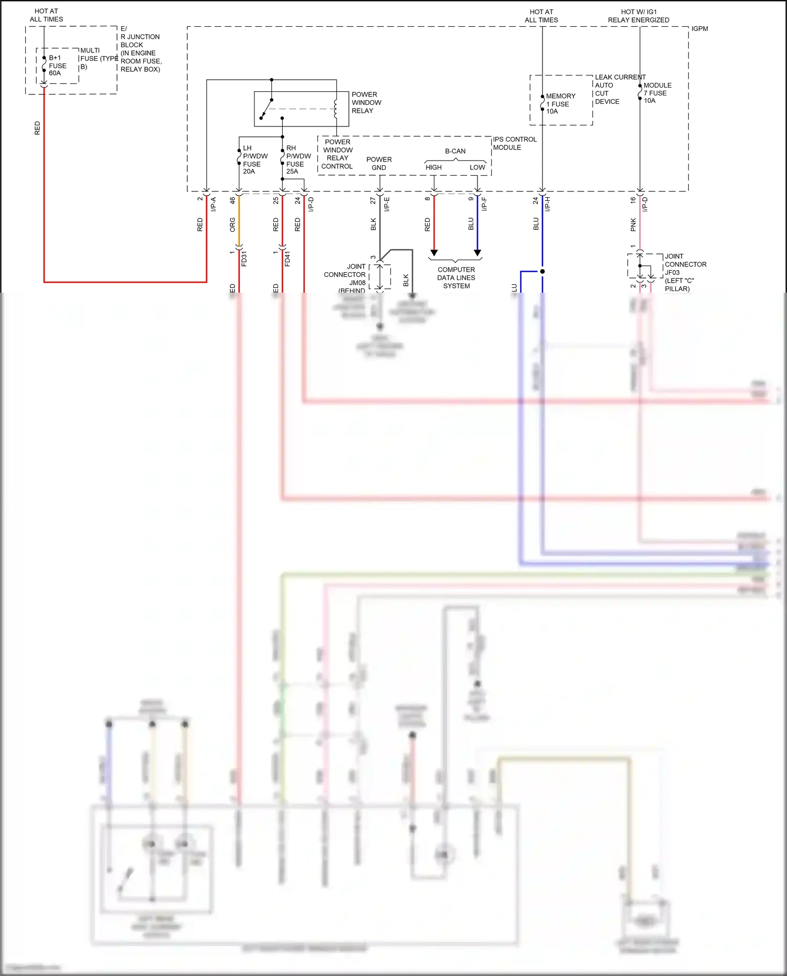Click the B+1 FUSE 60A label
pos(57,66)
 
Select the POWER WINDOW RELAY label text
pos(366,103)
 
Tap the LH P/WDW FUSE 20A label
pos(254,160)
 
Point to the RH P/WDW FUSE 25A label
pos(298,160)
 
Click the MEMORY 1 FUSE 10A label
pos(560,104)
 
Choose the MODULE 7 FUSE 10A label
pos(657,93)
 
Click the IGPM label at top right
pos(699,29)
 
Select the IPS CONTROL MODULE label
pos(514,143)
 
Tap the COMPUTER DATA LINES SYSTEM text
pos(456,278)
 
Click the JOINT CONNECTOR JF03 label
pos(685,272)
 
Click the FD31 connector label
pos(244,259)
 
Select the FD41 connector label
pos(288,259)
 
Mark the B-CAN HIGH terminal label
pos(433,167)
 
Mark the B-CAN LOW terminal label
pos(477,167)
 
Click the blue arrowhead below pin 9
pos(477,253)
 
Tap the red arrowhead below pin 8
pos(434,253)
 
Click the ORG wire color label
pos(232,225)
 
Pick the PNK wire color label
pos(633,225)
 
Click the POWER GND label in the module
pos(379,164)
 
